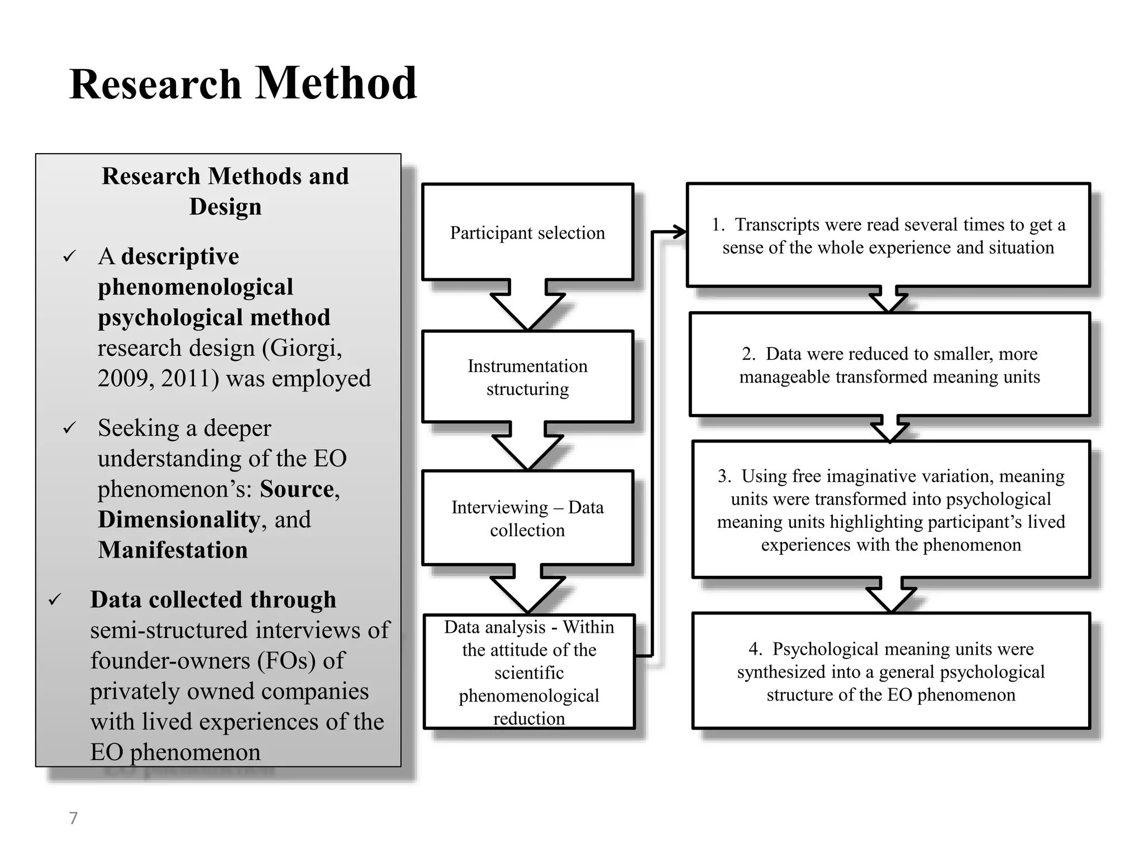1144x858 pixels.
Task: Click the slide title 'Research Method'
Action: click(243, 84)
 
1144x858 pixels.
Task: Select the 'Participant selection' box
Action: click(527, 232)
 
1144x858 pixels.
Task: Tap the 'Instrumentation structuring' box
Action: click(527, 377)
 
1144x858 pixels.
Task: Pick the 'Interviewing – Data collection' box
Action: click(527, 518)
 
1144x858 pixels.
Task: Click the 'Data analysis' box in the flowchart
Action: click(528, 672)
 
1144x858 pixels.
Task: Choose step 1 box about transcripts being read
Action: click(888, 235)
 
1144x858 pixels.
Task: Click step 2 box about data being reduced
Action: click(889, 365)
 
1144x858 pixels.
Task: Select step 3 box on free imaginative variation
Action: click(891, 509)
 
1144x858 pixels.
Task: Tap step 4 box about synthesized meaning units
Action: click(891, 671)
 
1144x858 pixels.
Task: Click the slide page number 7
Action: click(73, 818)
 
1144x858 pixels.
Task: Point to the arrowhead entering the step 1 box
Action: click(679, 232)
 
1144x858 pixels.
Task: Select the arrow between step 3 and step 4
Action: click(891, 596)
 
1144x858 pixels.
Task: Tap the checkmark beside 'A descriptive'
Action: click(69, 257)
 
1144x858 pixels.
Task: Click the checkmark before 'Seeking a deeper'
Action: click(69, 428)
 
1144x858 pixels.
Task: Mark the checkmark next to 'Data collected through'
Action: click(55, 600)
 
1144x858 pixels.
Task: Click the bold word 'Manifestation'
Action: click(173, 550)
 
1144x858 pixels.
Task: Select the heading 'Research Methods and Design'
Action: click(225, 191)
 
